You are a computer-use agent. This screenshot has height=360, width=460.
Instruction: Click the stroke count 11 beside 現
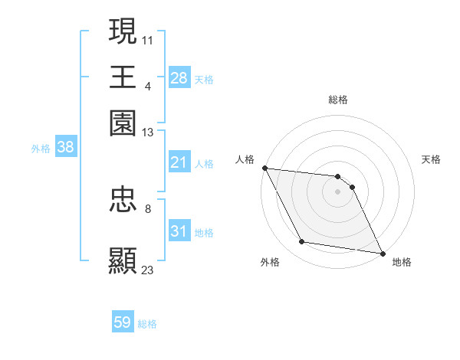tap(148, 38)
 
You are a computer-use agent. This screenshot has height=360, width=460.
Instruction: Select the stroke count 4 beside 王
tap(148, 85)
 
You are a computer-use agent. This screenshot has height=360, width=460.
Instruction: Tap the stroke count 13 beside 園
tap(148, 133)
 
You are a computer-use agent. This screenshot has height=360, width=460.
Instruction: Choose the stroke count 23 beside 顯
tap(148, 269)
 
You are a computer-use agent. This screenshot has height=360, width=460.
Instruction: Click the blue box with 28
tap(179, 77)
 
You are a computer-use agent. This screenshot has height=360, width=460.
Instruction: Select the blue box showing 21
tap(179, 162)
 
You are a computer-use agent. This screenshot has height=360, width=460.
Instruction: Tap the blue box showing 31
tap(179, 231)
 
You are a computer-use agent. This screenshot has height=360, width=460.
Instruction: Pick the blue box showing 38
tap(65, 148)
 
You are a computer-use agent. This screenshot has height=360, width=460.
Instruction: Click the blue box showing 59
tap(123, 322)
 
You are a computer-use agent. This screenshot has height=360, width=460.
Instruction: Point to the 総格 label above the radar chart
tap(338, 100)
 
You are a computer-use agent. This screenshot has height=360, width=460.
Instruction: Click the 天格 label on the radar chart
tap(431, 159)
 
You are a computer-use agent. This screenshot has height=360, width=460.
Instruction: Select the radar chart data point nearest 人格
tap(264, 168)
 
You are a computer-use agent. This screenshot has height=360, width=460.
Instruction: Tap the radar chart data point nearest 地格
tap(381, 252)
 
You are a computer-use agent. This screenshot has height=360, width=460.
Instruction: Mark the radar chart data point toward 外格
tap(302, 242)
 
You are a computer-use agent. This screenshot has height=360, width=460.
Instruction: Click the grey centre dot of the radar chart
tap(338, 191)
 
